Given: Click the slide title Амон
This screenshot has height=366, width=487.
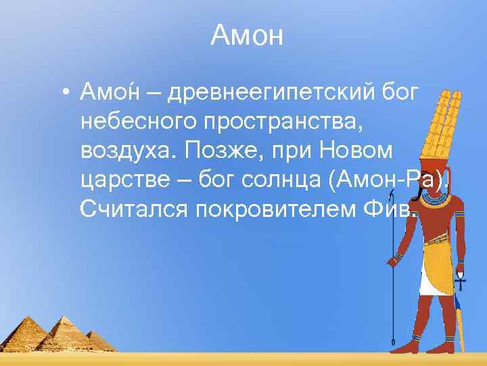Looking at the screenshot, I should [246, 35].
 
